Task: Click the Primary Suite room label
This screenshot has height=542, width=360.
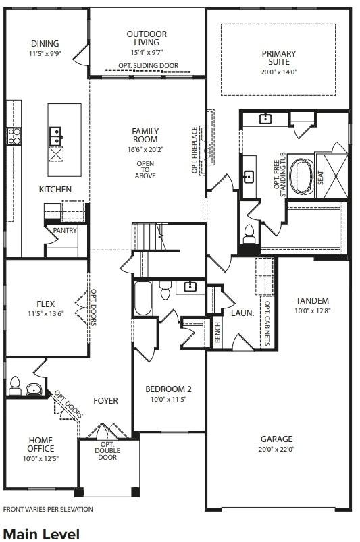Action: click(279, 59)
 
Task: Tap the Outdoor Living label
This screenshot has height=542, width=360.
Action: click(147, 38)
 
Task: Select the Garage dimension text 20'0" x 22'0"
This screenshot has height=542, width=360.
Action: click(277, 449)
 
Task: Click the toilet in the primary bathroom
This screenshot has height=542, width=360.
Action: click(249, 233)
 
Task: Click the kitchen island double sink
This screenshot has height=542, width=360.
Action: click(56, 132)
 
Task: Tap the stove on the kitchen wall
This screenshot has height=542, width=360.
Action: click(14, 136)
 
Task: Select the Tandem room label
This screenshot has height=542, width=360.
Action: click(312, 300)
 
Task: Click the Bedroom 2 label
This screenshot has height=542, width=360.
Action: click(169, 389)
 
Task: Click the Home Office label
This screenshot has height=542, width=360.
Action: click(41, 445)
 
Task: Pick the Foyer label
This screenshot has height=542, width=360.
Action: click(105, 400)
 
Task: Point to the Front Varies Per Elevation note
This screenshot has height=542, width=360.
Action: click(48, 510)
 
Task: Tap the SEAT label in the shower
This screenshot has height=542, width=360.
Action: click(321, 177)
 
